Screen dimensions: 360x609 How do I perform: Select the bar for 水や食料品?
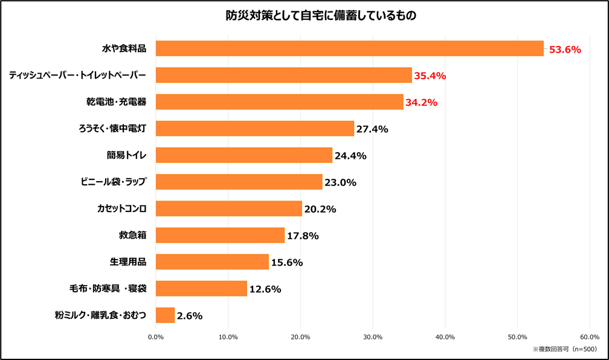pos(350,49)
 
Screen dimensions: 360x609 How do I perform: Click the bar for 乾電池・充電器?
pos(279,102)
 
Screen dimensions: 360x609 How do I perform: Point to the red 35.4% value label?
pos(430,76)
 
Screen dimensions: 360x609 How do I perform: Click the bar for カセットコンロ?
pos(229,208)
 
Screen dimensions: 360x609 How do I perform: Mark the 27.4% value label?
pos(372,129)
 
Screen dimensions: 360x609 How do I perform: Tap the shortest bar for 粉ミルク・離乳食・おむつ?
pos(165,315)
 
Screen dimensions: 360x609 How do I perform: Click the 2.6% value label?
pos(190,315)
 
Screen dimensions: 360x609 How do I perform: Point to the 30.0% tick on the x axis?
pos(373,337)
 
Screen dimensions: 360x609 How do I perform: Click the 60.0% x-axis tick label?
pos(590,337)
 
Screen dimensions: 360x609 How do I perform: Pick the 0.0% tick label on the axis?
pos(156,337)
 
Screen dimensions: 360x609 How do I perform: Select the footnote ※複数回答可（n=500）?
pos(564,349)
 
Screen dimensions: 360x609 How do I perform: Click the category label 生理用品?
pos(128,262)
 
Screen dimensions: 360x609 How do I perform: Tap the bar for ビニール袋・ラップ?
pos(239,182)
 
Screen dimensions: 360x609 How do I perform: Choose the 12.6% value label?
pos(265,289)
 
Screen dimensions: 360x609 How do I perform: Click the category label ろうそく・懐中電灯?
pos(112,129)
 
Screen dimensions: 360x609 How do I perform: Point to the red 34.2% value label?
pos(421,103)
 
